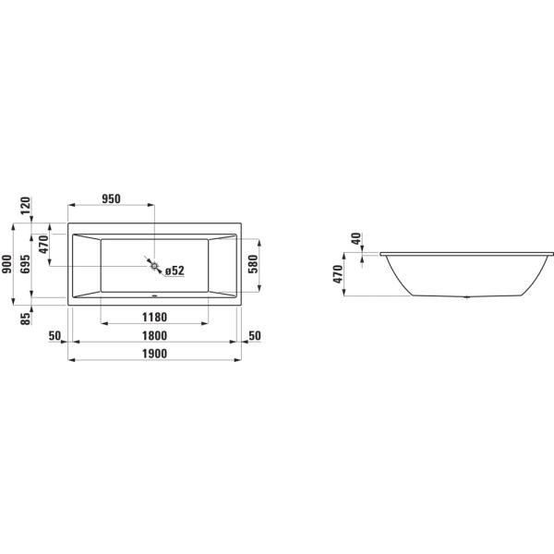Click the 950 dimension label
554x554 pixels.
[x=111, y=199]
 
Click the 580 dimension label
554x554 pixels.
[x=253, y=266]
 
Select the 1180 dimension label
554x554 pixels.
[x=154, y=318]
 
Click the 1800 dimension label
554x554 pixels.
[x=154, y=335]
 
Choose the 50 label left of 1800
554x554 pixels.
[x=54, y=335]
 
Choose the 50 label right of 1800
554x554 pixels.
[x=256, y=335]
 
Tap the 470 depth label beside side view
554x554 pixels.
[x=338, y=273]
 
